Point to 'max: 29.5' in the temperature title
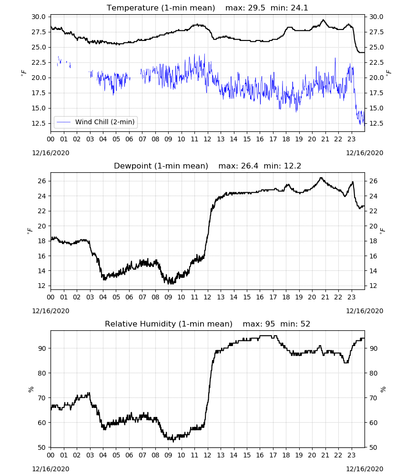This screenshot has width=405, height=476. point(245,8)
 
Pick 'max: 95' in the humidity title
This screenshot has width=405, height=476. point(259,324)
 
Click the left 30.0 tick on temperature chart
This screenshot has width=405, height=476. point(39,17)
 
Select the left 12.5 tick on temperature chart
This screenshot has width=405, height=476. point(39,123)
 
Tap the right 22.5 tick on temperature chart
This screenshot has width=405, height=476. point(376,62)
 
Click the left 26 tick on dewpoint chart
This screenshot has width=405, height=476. point(41,181)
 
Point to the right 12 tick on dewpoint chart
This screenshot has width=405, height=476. point(373,286)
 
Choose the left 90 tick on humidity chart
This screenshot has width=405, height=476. point(41,348)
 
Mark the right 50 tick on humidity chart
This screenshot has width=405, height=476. point(373,447)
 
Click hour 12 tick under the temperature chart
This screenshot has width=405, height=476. point(208,139)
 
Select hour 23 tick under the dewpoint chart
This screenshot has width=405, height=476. point(351,297)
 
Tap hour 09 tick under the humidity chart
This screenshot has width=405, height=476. point(168,455)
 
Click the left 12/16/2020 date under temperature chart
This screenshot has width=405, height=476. point(51,153)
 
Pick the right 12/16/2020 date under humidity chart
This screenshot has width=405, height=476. point(364,469)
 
